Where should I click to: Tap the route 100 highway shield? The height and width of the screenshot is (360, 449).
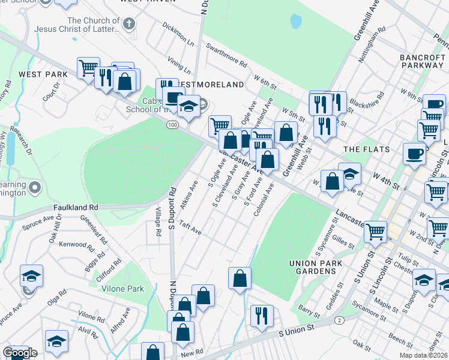172,124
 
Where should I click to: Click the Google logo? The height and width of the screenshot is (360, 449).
20,353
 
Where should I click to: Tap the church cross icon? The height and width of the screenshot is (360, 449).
127,24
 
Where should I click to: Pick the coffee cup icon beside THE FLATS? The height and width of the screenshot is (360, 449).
414,154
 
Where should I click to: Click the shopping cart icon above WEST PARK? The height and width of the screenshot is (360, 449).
88,67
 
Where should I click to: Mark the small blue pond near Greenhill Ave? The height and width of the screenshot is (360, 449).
295,22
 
